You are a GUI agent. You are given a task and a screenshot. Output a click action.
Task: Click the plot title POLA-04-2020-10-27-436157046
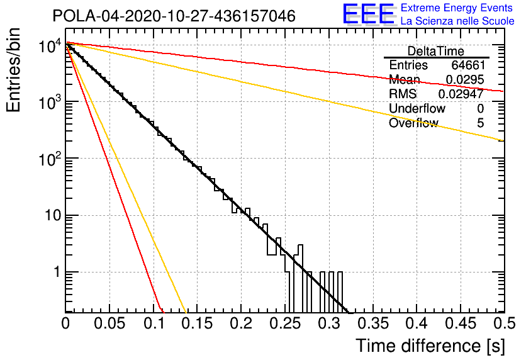(x=174, y=16)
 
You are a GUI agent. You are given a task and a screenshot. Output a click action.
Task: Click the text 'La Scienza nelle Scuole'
(x=457, y=21)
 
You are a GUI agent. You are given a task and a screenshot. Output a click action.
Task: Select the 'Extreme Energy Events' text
(x=457, y=8)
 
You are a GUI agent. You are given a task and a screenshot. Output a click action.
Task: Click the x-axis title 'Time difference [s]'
(x=428, y=346)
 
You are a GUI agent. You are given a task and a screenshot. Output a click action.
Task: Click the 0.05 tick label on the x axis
(x=109, y=323)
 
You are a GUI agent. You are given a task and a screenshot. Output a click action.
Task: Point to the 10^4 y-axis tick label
(x=49, y=47)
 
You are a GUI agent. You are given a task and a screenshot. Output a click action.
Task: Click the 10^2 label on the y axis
(x=49, y=160)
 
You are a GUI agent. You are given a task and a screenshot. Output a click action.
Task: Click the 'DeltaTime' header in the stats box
(x=436, y=51)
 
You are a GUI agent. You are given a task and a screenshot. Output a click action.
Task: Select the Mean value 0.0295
(x=464, y=80)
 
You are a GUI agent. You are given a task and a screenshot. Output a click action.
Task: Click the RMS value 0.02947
(x=461, y=94)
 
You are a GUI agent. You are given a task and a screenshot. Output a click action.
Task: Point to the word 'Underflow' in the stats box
(x=417, y=109)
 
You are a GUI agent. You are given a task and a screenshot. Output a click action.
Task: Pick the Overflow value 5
(x=480, y=123)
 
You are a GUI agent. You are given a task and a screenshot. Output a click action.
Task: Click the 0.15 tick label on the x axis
(x=197, y=323)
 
